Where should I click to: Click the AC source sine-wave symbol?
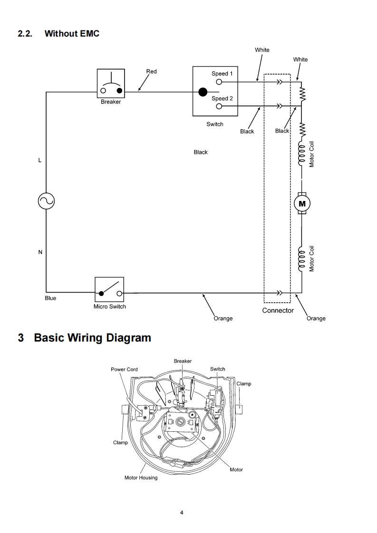[46, 201]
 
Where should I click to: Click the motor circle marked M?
[302, 204]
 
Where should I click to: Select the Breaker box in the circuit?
[111, 83]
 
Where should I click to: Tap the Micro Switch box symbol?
[109, 289]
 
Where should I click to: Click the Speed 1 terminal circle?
[219, 82]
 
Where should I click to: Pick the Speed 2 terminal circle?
[219, 106]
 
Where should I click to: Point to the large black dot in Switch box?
[203, 92]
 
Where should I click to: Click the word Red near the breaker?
[151, 71]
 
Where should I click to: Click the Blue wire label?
[50, 298]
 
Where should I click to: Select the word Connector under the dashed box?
[278, 310]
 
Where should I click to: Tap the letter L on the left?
[40, 160]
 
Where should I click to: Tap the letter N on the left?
[40, 252]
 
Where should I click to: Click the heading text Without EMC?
[72, 33]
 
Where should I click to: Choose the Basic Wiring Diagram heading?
[93, 338]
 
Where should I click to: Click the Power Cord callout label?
[124, 369]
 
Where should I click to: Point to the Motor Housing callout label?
[141, 477]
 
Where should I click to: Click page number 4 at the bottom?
[182, 513]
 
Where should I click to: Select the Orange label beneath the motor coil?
[316, 318]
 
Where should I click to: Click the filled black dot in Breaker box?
[119, 91]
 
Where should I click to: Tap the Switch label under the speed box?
[215, 124]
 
